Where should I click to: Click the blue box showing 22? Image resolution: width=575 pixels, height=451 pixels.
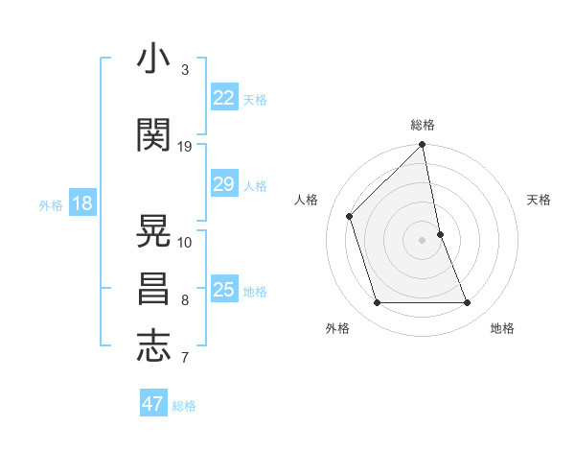tap(223, 98)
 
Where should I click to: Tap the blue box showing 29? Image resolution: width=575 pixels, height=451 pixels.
tap(223, 184)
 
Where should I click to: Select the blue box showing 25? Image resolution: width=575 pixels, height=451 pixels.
tap(223, 290)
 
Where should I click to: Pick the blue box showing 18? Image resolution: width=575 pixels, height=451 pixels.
tap(81, 203)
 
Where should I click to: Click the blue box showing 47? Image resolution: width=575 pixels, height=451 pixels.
tap(153, 404)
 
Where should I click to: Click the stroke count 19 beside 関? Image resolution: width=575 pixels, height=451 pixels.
tap(185, 147)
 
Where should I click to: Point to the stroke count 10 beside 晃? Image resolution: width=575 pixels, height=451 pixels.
tap(185, 243)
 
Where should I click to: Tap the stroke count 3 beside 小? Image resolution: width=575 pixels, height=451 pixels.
tap(185, 70)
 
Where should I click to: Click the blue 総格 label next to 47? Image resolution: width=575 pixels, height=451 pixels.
tap(184, 406)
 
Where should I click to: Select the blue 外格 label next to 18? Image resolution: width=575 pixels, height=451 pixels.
tap(51, 205)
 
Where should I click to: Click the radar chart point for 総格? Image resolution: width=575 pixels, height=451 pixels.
tap(422, 146)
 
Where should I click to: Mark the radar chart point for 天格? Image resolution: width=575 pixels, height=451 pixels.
tap(440, 234)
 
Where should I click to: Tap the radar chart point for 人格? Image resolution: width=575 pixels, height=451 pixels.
tap(350, 216)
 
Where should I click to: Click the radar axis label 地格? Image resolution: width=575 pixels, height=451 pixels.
tap(502, 328)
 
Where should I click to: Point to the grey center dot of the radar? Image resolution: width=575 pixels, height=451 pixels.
tap(422, 240)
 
